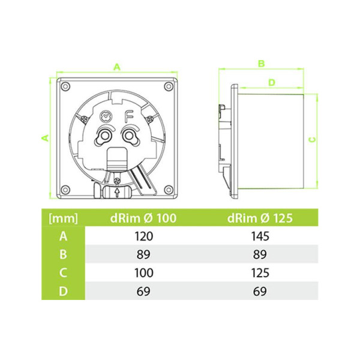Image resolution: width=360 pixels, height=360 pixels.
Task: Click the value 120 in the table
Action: pyautogui.click(x=144, y=236)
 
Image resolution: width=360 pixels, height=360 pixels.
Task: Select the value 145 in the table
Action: pyautogui.click(x=260, y=236)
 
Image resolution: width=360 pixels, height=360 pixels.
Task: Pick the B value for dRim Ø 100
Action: pyautogui.click(x=143, y=254)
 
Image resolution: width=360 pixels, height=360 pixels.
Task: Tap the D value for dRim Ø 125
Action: pyautogui.click(x=260, y=292)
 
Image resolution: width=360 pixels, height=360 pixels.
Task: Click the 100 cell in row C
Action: pyautogui.click(x=144, y=273)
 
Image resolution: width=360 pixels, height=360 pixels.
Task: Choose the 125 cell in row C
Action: pyautogui.click(x=260, y=273)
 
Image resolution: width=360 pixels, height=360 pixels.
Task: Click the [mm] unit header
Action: pyautogui.click(x=64, y=218)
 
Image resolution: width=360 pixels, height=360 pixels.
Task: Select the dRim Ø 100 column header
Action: pyautogui.click(x=143, y=218)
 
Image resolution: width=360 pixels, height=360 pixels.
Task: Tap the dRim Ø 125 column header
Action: pyautogui.click(x=260, y=218)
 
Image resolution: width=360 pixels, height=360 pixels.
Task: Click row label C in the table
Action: pyautogui.click(x=63, y=273)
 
